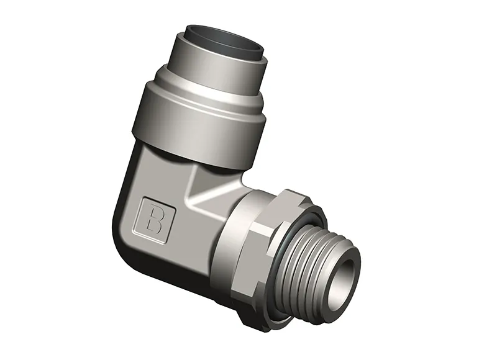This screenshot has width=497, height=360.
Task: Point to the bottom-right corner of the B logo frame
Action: pyautogui.click(x=165, y=243)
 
